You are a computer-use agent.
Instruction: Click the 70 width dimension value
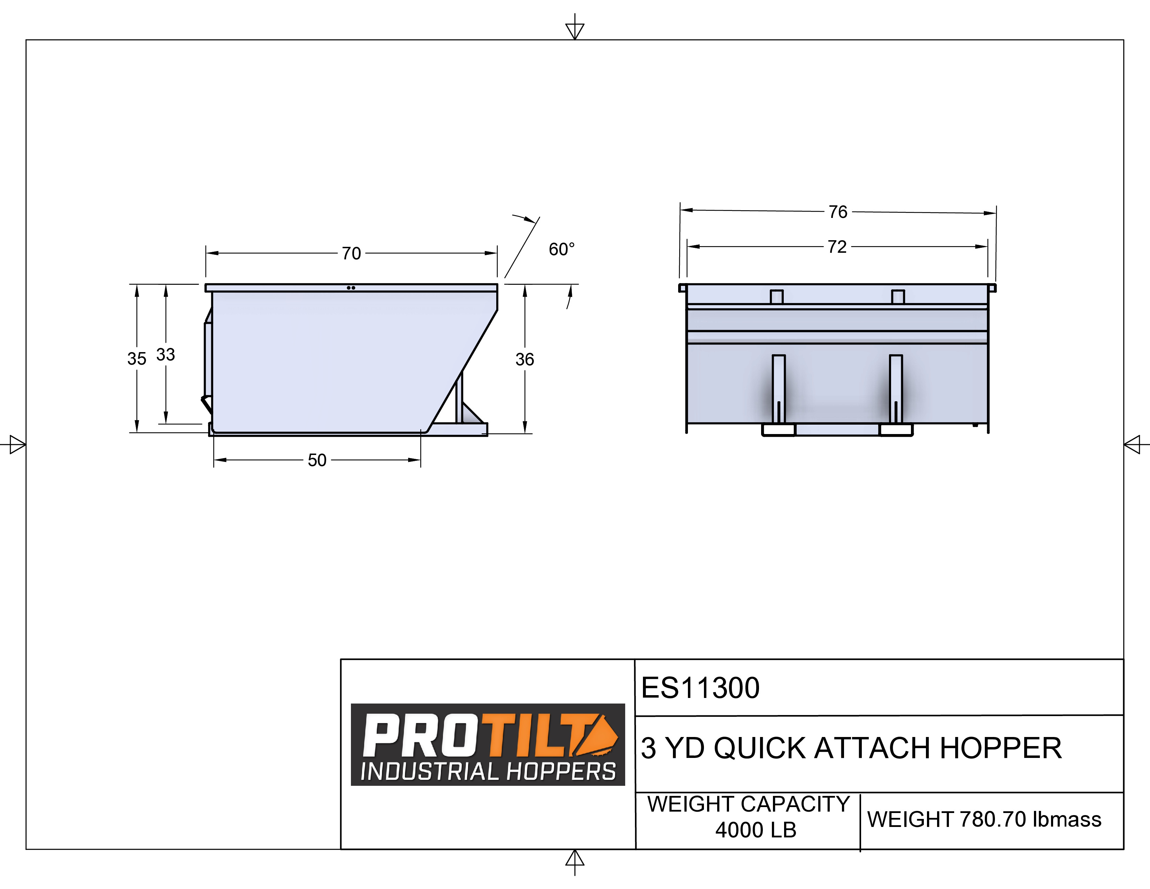coord(351,253)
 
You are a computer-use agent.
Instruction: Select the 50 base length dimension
coord(317,460)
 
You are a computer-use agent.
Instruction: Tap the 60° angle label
coord(561,249)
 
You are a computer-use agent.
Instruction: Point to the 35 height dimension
coord(136,359)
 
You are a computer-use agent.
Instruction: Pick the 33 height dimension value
coord(165,355)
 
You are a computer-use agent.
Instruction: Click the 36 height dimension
coord(524,359)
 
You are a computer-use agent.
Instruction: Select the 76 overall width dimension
coord(838,212)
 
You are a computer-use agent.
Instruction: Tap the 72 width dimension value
coord(837,246)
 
